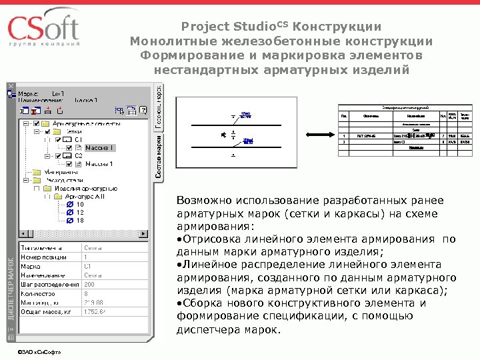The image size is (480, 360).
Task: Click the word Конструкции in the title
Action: [340, 27]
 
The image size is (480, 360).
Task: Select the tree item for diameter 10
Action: [80, 205]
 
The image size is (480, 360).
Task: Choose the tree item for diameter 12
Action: [80, 213]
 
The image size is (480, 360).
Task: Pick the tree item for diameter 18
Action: [80, 221]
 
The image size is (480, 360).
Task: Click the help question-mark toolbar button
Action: [142, 110]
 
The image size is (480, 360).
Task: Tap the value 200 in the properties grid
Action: [90, 283]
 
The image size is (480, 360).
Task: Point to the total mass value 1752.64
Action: [97, 310]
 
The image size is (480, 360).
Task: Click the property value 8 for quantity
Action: [86, 292]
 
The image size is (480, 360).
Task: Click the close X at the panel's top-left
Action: [10, 86]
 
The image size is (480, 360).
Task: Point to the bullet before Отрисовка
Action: [179, 239]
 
